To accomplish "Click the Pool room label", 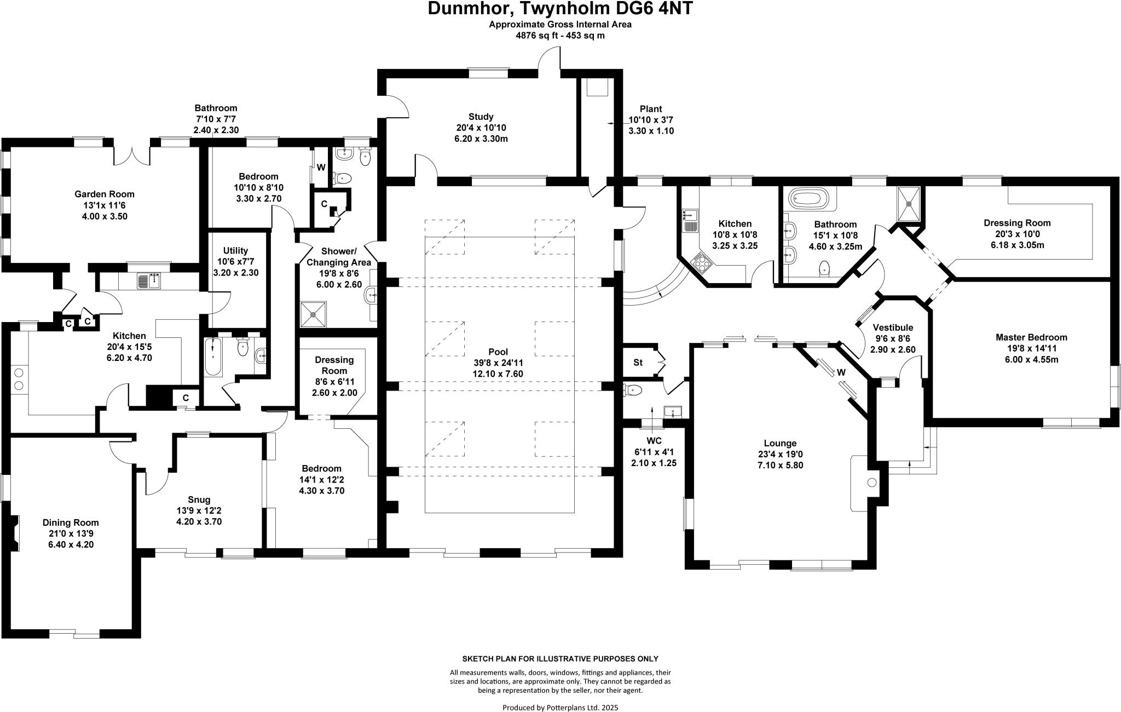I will [498, 352].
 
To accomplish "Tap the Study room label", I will [481, 117].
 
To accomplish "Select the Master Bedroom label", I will [1031, 337].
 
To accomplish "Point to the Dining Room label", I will [71, 522].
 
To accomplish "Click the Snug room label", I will [199, 499].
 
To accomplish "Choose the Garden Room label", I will [104, 194].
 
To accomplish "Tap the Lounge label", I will [780, 443].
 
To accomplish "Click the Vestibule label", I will [893, 328].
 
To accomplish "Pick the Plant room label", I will [651, 109].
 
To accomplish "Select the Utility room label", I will [236, 250].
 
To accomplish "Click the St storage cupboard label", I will [638, 363].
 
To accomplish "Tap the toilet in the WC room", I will [633, 391].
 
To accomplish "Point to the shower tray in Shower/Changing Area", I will [313, 314].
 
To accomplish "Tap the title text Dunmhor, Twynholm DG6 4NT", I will [560, 9].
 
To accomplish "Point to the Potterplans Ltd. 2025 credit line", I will [560, 707].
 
